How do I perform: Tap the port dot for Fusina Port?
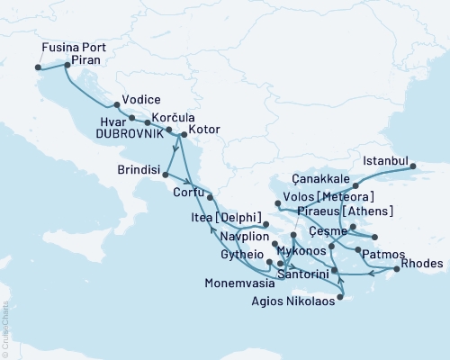37,67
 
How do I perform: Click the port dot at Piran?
67,65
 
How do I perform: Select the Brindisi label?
139,169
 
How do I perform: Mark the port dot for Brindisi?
166,173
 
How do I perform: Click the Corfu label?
189,191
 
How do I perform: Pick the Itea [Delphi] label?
228,219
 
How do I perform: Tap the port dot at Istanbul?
413,166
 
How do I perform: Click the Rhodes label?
424,263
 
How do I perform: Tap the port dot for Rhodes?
397,268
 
